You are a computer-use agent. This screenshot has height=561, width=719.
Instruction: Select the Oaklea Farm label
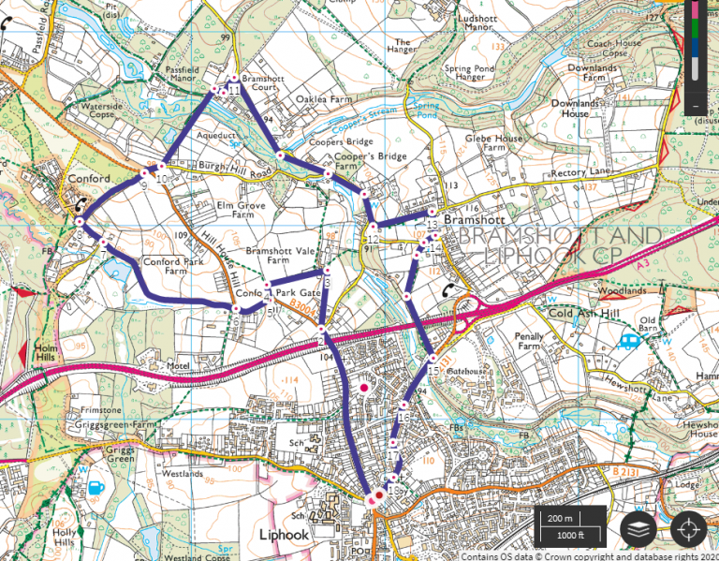(322, 97)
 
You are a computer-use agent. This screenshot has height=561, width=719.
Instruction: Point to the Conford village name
(88, 178)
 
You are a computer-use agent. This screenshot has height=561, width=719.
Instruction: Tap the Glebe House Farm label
(494, 142)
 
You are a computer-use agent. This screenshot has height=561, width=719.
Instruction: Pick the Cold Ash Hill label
(586, 313)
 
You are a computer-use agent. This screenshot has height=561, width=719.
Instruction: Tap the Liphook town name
(285, 535)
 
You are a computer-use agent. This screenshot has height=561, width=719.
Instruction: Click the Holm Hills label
(46, 353)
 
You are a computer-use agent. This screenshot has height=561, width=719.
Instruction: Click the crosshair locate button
(688, 529)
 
